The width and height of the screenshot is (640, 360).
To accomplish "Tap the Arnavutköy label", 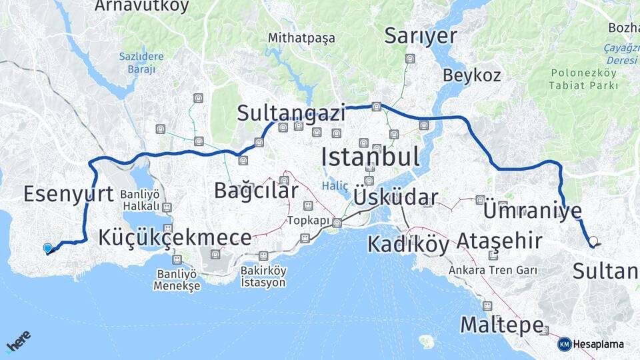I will pyautogui.click(x=142, y=7).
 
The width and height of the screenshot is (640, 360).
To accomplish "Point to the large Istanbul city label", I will pyautogui.click(x=370, y=157).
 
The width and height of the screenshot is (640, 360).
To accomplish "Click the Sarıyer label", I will pyautogui.click(x=421, y=36).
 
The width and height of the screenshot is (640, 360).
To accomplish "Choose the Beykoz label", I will pyautogui.click(x=471, y=75).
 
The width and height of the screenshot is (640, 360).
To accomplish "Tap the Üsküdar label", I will pyautogui.click(x=396, y=197).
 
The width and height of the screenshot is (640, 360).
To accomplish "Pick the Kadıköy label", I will pyautogui.click(x=408, y=244).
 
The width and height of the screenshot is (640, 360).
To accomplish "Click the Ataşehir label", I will pyautogui.click(x=499, y=241).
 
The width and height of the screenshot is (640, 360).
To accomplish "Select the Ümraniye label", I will pyautogui.click(x=532, y=211).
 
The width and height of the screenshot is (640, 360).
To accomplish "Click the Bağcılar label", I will pyautogui.click(x=256, y=190).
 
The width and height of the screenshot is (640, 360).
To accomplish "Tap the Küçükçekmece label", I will pyautogui.click(x=175, y=237).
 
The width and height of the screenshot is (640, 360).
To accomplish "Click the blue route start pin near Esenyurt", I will pyautogui.click(x=47, y=249).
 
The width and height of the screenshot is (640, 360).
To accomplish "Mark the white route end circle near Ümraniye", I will pyautogui.click(x=593, y=241).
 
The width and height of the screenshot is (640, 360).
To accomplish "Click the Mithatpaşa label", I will pyautogui.click(x=301, y=38).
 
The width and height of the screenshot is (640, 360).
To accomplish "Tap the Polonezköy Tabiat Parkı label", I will pyautogui.click(x=583, y=79).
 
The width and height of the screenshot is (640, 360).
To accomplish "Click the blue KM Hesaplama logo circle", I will pyautogui.click(x=565, y=344).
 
